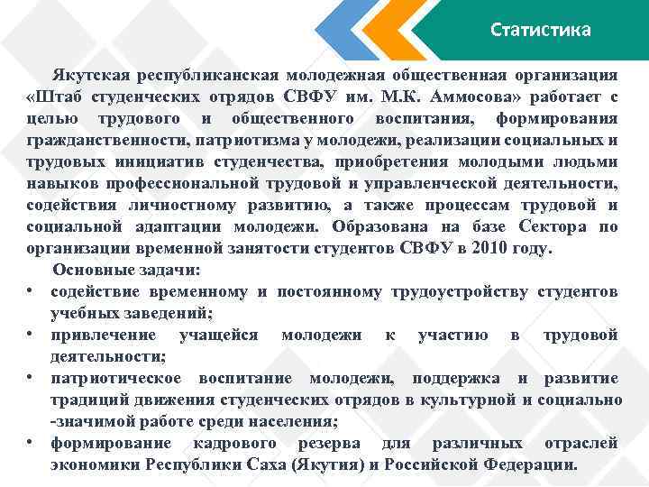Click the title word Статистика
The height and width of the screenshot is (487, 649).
point(541,30)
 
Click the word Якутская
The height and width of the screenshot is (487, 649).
point(93,74)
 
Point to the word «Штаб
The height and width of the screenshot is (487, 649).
point(57,96)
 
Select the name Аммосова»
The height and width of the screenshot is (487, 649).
point(468,96)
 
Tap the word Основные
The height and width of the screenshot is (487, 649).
point(90,270)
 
